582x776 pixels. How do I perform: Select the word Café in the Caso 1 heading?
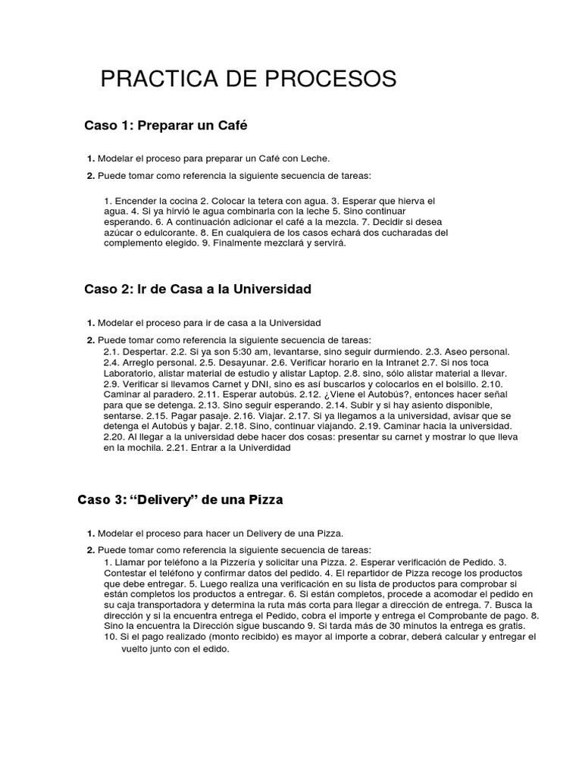pos(232,126)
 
